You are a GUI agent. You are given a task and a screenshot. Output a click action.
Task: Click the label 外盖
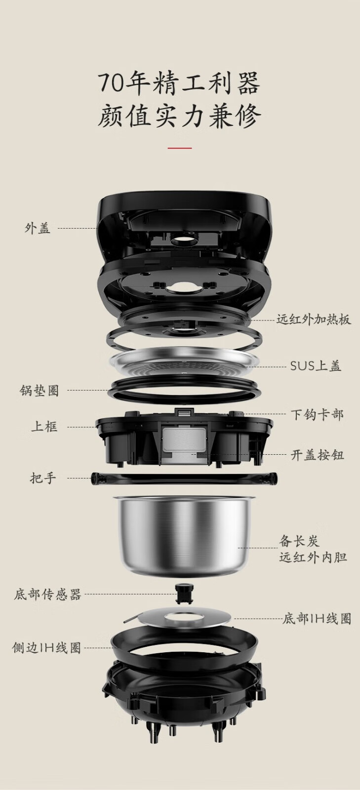38,228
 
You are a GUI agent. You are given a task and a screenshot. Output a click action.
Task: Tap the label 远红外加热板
314,319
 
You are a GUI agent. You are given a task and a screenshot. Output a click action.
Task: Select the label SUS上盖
316,366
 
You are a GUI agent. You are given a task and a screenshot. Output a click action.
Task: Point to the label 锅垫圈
39,391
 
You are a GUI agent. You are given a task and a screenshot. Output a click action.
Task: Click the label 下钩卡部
317,414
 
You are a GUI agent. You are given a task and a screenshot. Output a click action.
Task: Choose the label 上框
44,427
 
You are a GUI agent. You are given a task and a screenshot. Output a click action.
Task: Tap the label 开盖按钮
318,455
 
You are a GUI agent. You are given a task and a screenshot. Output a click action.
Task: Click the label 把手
42,478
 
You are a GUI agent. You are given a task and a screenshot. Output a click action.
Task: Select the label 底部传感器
47,594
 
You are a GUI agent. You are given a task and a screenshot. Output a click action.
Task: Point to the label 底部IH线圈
317,618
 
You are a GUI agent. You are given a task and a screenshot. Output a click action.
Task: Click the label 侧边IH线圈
46,647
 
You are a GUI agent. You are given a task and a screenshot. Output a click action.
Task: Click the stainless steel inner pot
185,537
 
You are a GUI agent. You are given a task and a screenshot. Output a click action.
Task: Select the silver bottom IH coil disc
183,618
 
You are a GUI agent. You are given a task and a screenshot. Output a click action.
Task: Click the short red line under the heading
180,148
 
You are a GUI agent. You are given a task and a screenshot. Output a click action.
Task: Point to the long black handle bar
184,478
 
